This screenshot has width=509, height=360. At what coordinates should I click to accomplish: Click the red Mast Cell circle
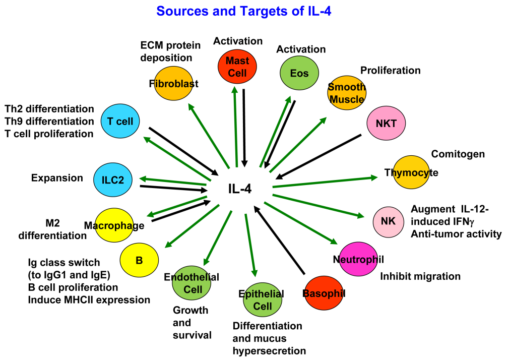[x=236, y=67]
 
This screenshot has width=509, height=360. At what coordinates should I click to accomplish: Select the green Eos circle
[x=299, y=73]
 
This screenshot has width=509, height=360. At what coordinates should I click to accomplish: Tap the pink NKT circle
[x=386, y=123]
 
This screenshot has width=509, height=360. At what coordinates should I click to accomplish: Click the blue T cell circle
[x=120, y=122]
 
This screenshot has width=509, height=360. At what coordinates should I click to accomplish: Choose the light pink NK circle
[x=388, y=221]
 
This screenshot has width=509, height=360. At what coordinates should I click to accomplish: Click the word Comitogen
[x=458, y=154]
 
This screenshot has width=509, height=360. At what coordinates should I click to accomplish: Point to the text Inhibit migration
[x=420, y=276]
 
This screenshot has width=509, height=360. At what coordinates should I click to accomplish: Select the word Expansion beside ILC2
[x=57, y=177]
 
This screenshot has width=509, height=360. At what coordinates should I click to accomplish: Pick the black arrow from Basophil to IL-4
[x=279, y=241]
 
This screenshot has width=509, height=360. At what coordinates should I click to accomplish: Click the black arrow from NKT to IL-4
[x=319, y=156]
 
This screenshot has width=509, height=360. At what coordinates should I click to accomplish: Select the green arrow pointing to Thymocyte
[x=325, y=182]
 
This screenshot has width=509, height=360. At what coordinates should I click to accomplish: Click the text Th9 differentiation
[x=49, y=122]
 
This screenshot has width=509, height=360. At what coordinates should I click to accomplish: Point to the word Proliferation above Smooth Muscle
[x=391, y=70]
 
